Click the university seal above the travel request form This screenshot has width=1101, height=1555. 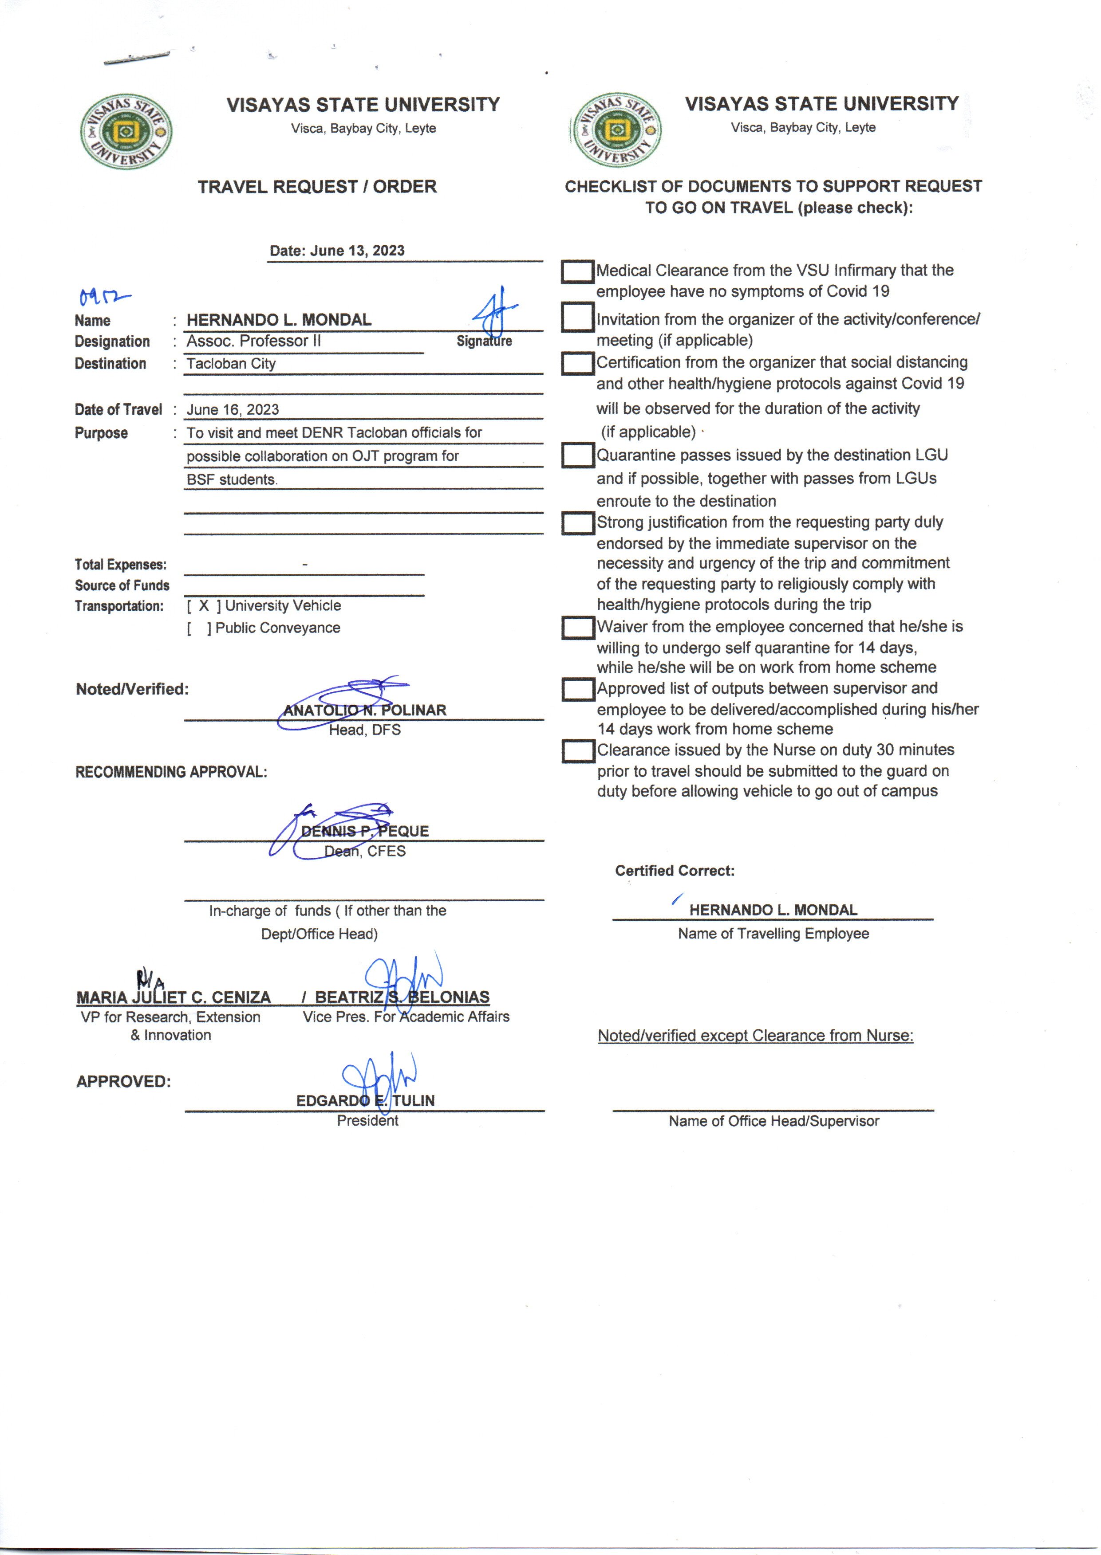point(126,131)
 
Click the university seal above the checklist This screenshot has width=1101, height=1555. point(617,130)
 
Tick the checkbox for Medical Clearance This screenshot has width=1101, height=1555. point(578,272)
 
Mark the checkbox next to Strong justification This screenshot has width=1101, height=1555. point(578,523)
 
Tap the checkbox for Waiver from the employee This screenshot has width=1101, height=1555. point(578,628)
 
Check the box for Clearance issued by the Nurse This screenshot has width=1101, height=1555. point(578,751)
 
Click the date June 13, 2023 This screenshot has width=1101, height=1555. point(357,251)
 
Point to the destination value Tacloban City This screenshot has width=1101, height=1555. point(231,364)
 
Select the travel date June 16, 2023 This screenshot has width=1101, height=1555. point(233,410)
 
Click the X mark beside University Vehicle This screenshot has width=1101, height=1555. point(203,606)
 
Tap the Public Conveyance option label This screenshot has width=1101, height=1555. point(277,628)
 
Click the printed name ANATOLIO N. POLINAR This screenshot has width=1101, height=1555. point(365,710)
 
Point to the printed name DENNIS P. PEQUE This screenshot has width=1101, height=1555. point(365,831)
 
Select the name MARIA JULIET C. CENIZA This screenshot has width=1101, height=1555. point(174,997)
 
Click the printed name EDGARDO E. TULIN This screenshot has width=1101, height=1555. point(365,1100)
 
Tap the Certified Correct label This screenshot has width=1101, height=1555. point(675,871)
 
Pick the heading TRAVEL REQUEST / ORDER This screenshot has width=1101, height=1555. point(317,187)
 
